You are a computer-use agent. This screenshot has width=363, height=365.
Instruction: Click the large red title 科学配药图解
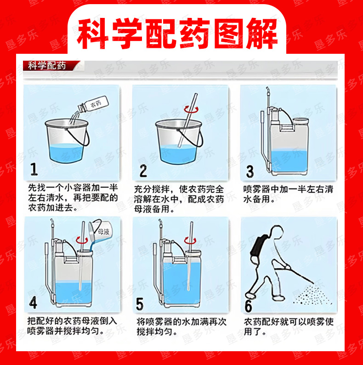click(x=177, y=34)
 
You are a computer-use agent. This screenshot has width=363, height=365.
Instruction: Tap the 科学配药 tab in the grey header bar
click(x=47, y=66)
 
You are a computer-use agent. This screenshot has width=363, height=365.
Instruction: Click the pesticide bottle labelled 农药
click(x=93, y=104)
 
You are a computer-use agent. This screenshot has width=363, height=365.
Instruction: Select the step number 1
click(x=34, y=169)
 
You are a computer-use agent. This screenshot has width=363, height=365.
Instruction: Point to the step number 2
click(x=143, y=171)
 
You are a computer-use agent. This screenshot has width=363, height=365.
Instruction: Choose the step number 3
click(x=250, y=171)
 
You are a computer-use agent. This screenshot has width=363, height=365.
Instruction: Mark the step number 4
click(x=33, y=303)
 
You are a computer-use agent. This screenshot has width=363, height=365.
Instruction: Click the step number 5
click(x=140, y=304)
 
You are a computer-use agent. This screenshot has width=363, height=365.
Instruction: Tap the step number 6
click(x=248, y=306)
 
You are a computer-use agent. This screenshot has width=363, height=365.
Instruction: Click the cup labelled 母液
click(x=100, y=230)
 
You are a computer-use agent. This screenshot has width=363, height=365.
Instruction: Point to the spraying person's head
click(x=277, y=231)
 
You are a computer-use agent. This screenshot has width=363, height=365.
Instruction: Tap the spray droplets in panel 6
click(x=312, y=295)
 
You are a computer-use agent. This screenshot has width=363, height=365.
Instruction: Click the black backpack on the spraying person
click(x=258, y=248)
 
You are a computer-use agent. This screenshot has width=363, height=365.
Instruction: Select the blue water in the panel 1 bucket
click(x=66, y=153)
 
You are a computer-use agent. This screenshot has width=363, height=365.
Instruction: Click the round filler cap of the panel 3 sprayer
click(x=301, y=121)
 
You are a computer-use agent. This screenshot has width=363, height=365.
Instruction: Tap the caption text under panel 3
click(x=288, y=194)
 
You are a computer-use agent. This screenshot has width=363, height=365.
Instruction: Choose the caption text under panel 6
click(x=289, y=326)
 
